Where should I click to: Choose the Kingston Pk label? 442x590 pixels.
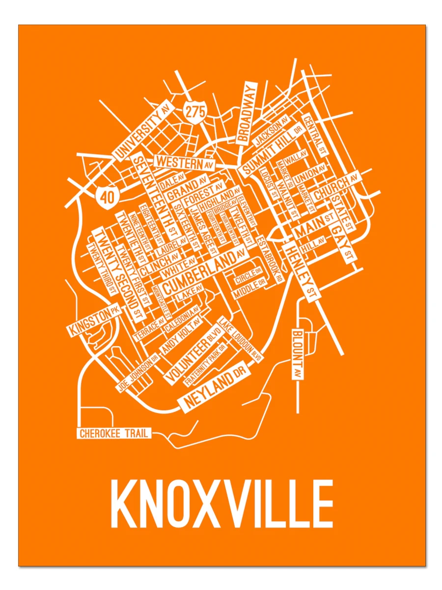(x=94, y=322)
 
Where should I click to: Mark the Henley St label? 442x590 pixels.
(x=301, y=271)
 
